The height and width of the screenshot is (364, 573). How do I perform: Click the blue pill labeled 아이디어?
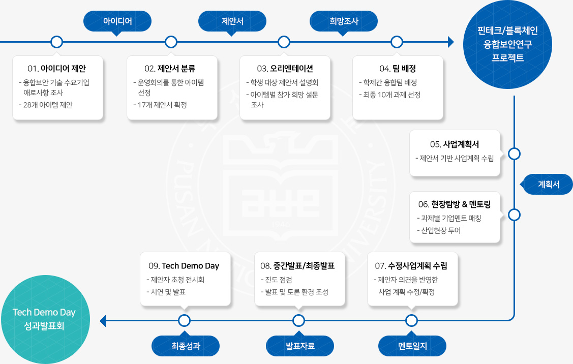117,21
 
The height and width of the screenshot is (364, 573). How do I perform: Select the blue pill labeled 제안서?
232,21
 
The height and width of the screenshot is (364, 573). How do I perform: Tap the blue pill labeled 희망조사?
344,21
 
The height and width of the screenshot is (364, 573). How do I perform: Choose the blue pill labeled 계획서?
549,184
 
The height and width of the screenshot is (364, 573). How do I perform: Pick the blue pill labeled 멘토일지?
412,346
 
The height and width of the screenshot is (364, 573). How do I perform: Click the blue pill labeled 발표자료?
300,346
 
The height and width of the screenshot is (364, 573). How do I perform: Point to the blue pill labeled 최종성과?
186,346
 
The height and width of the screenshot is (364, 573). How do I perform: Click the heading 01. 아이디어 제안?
57,68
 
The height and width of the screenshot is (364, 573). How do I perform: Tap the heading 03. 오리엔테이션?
285,68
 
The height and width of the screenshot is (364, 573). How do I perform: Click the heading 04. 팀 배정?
398,68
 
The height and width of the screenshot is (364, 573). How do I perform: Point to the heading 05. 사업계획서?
455,143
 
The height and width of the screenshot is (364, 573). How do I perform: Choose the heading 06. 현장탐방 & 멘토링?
455,204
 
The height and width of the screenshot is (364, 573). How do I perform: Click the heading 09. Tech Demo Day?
184,265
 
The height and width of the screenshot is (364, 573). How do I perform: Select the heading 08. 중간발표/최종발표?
297,265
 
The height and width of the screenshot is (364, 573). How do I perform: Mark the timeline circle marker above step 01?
57,42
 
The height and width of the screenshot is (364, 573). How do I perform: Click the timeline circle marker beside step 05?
514,154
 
